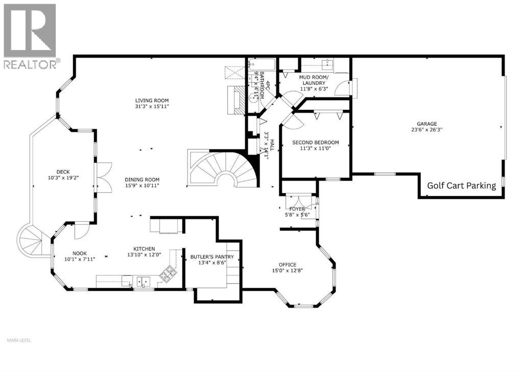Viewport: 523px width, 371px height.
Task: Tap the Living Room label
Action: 152,100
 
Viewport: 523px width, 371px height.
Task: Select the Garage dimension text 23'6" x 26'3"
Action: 426,130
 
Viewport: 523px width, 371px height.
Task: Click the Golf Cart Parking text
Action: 461,185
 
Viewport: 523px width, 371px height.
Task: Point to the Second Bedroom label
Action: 315,143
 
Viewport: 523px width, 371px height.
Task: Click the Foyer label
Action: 297,209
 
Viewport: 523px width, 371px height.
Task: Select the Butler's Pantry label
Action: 212,257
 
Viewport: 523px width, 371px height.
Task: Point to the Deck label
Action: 63,172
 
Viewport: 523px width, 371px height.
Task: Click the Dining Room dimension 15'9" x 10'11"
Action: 142,186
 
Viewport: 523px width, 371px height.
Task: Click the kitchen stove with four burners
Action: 168,274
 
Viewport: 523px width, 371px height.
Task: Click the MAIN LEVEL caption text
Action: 20,340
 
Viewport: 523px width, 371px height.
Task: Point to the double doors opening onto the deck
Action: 104,177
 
